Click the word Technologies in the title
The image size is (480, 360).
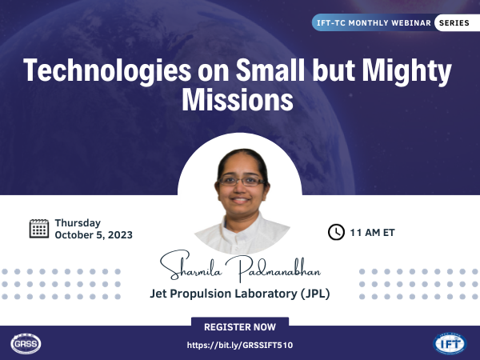pos(107,71)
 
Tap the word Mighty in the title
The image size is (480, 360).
pos(407,71)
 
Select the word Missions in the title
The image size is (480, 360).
pos(238,100)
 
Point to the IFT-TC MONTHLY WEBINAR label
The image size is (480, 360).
pos(374,23)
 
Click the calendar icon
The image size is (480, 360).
pos(39,228)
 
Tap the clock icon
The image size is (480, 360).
pos(336,232)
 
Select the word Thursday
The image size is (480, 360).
pos(78,223)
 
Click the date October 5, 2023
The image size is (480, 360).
pos(94,234)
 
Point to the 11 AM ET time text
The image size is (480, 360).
pos(372,233)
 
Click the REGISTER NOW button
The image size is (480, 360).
pos(240,326)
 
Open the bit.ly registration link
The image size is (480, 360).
pos(240,346)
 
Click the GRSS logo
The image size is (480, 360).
pos(26,343)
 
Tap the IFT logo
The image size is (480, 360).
pos(450,343)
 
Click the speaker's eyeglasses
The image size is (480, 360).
pos(242,181)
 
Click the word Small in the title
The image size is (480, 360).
pos(270,70)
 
